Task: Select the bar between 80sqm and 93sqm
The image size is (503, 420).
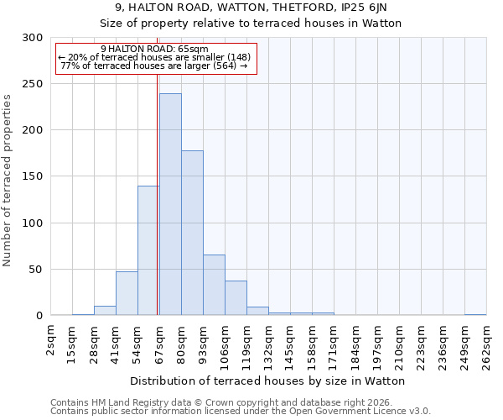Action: tap(192, 233)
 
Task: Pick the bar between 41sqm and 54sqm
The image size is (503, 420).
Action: tap(127, 293)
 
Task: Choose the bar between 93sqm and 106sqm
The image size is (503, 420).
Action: tap(214, 285)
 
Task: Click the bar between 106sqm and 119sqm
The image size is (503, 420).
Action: tap(236, 298)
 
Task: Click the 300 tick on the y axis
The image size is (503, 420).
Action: tap(33, 38)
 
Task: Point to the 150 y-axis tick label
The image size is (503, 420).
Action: tap(33, 176)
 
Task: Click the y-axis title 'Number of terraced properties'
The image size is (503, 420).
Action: tap(8, 181)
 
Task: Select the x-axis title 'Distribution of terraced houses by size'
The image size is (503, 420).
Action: tap(268, 381)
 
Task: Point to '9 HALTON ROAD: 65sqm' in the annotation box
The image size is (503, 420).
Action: tap(154, 50)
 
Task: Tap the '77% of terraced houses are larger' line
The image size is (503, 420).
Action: tap(154, 66)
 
